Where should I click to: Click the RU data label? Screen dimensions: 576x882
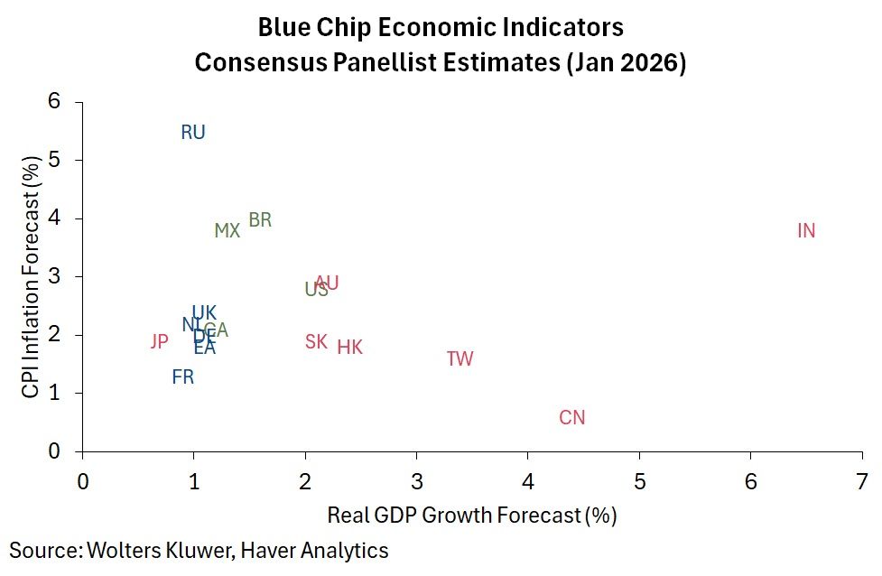click(x=193, y=133)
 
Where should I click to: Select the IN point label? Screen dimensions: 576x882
click(x=806, y=231)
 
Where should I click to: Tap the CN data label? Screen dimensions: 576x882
click(x=572, y=418)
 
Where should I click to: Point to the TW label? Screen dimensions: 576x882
click(x=460, y=359)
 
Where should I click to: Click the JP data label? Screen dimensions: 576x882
click(x=159, y=342)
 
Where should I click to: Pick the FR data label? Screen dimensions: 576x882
click(x=182, y=377)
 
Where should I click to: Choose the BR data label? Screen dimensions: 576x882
click(x=260, y=220)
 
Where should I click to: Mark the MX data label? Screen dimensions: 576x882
click(x=227, y=231)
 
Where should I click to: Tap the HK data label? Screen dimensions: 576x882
click(x=349, y=348)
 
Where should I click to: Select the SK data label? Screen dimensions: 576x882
click(x=316, y=342)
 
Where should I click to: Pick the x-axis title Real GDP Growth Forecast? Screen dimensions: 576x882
click(x=471, y=516)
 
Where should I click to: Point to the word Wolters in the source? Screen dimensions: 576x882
click(x=118, y=550)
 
